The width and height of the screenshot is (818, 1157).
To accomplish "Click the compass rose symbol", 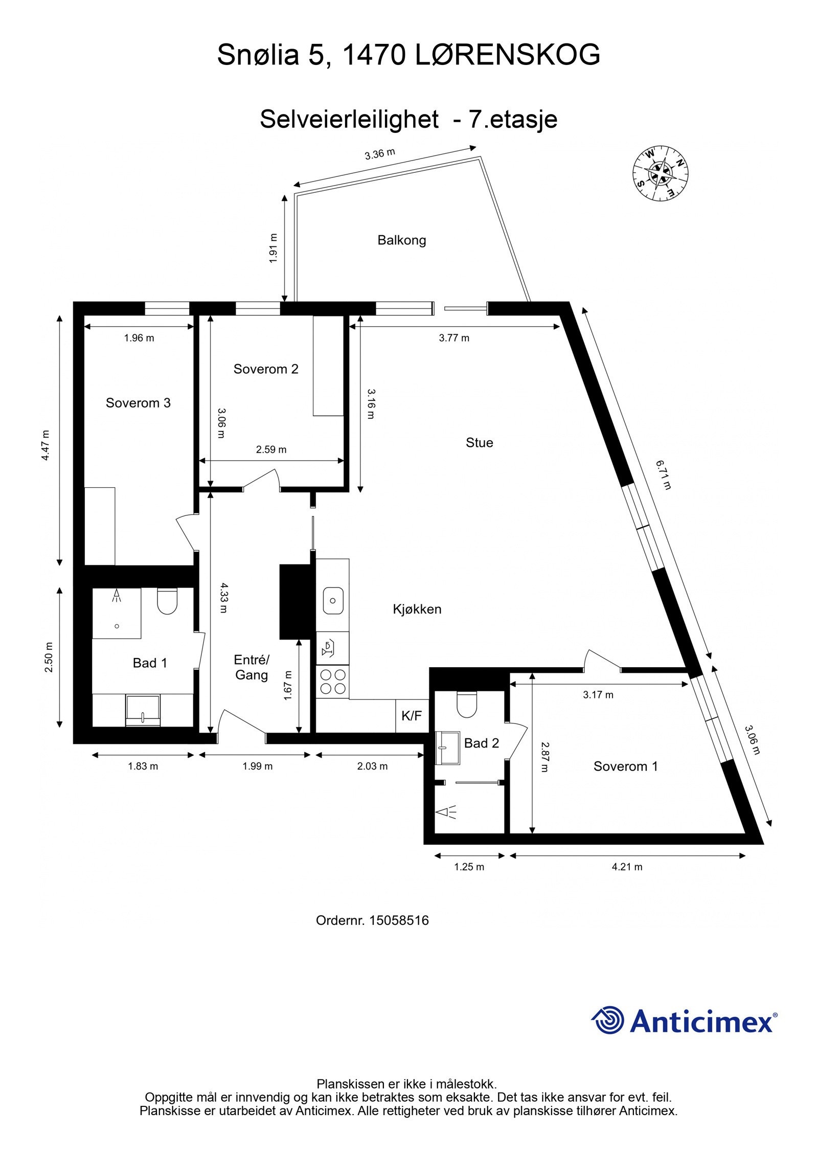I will [x=660, y=173].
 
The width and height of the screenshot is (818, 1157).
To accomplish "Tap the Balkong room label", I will [x=401, y=240].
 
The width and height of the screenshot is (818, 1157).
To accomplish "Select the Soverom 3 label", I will [x=138, y=403].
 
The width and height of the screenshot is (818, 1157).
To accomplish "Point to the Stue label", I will [x=479, y=443].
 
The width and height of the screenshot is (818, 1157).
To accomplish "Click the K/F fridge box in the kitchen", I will [x=412, y=716].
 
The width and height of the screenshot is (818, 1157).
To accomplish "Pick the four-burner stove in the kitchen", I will [x=333, y=682].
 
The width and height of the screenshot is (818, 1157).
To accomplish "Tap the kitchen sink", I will [x=333, y=601].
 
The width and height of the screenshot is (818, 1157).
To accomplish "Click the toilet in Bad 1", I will [x=167, y=601].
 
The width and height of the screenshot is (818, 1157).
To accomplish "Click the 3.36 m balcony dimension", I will [x=380, y=154].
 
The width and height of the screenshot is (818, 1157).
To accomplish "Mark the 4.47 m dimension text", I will [x=46, y=445].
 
